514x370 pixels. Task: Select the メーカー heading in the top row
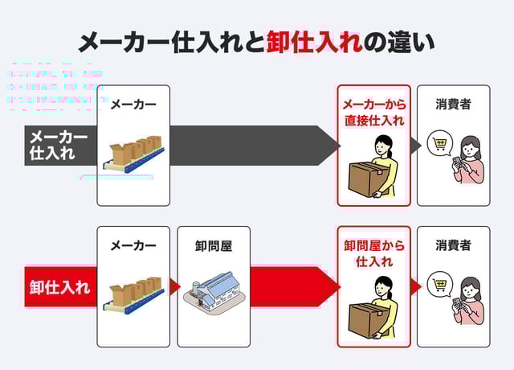click(x=133, y=104)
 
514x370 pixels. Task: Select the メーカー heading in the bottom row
click(x=133, y=245)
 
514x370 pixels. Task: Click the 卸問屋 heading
click(x=214, y=245)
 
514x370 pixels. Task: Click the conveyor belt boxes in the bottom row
click(x=133, y=296)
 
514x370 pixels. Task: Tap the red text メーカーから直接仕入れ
click(x=373, y=113)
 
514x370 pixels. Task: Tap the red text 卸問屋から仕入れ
click(x=373, y=253)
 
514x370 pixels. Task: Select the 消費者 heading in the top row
click(x=453, y=104)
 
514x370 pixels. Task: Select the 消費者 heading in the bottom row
click(x=453, y=245)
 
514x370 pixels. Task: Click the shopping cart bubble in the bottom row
click(x=439, y=285)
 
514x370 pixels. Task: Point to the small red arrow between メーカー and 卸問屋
click(x=174, y=286)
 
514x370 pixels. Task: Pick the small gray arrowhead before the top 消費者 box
click(x=415, y=146)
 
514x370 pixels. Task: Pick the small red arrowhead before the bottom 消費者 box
click(x=415, y=286)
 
